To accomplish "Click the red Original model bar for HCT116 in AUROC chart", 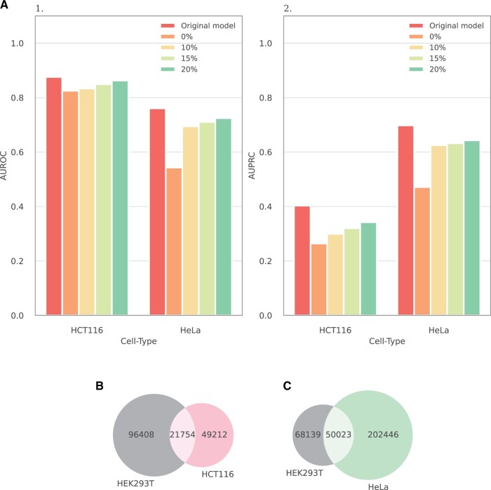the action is [54, 196].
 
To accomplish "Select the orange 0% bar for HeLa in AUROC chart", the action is [174, 241].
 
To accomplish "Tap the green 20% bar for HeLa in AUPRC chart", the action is [472, 228].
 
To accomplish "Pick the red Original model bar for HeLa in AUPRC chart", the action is [406, 220].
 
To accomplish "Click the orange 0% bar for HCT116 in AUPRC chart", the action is [318, 279].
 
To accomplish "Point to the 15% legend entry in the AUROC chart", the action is [179, 58].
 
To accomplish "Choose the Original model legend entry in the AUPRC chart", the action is [447, 26].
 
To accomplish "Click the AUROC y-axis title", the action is [4, 166].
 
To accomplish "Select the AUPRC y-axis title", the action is [252, 166].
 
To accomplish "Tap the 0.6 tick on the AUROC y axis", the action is [18, 152].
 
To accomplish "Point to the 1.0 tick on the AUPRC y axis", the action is [266, 44].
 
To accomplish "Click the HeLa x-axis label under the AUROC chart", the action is [190, 330].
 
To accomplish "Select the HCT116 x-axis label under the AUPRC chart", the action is [335, 330].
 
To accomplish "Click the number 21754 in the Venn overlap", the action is [182, 435].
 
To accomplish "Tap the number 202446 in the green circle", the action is [383, 435].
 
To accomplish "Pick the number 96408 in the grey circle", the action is [141, 435].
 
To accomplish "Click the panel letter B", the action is [100, 385].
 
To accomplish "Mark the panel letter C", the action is [287, 385].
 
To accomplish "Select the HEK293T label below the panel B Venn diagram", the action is [135, 484].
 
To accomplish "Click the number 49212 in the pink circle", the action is [214, 435].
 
